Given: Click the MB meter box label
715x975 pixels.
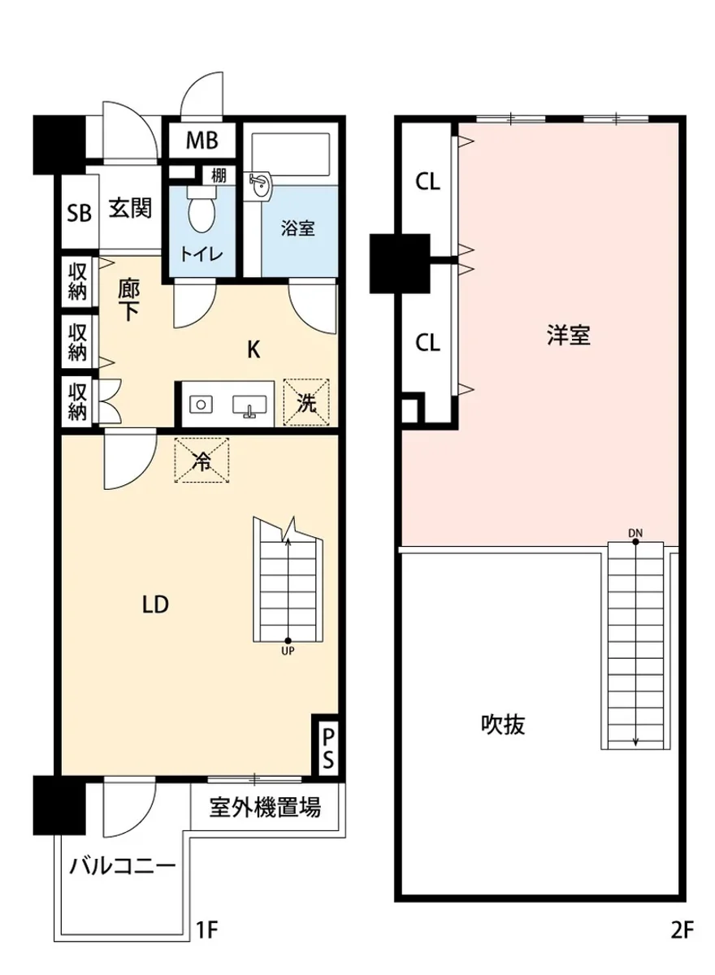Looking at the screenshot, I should tap(201, 141).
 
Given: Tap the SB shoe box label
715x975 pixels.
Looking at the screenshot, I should tap(79, 213).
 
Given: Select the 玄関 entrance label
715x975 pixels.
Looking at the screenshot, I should tap(130, 209).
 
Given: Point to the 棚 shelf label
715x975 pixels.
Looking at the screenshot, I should tap(219, 175).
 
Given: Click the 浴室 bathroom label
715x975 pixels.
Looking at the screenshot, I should tap(297, 228).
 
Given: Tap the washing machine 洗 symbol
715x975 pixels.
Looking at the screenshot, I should tap(306, 402).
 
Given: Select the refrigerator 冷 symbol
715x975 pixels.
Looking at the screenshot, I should tap(203, 461).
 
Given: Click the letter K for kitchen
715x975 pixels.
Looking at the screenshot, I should tap(253, 350).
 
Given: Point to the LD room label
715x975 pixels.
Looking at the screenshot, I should tap(154, 604).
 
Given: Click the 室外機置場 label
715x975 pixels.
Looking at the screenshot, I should tap(265, 808).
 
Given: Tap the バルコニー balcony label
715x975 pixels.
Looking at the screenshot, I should tap(121, 864).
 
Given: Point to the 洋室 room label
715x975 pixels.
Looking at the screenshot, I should tap(567, 336).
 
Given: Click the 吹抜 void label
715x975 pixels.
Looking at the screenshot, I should tap(502, 724).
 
